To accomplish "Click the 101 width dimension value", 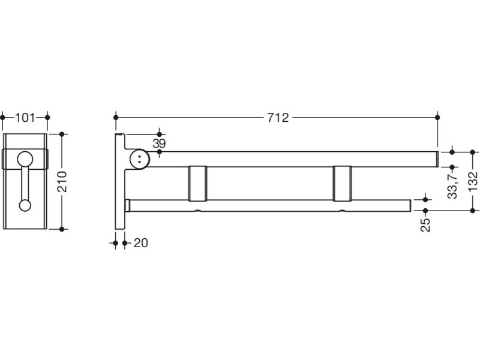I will tap(25, 118).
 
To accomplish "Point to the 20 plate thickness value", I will tap(140, 243).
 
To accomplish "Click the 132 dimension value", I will tap(473, 181).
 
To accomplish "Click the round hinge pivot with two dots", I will tap(139, 160).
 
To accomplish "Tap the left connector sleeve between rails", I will tap(198, 182).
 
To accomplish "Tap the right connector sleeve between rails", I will tap(342, 182).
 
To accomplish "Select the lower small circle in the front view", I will tap(25, 205).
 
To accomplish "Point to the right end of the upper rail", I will tap(434, 159).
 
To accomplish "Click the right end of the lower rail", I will tap(407, 205).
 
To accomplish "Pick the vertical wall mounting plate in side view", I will tap(119, 181).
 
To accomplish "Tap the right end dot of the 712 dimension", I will tap(437, 118).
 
